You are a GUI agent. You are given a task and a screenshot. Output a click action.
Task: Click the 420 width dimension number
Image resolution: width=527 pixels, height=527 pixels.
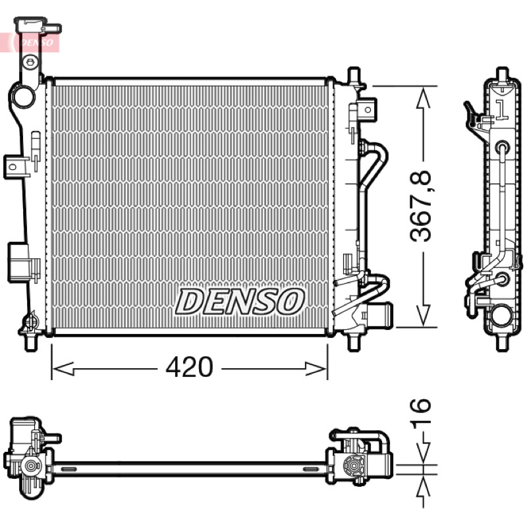click(189, 367)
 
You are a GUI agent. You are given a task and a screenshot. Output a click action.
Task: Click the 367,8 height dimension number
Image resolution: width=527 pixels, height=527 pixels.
click(421, 206)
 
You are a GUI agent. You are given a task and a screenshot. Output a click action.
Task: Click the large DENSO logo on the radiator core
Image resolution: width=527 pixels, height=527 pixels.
click(240, 302)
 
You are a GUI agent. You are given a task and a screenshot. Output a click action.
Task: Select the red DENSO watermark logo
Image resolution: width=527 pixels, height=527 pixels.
click(36, 42)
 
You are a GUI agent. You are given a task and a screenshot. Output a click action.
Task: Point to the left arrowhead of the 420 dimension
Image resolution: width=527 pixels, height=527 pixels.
click(63, 369)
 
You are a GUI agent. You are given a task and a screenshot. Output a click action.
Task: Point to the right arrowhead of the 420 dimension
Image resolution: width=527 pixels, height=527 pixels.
click(316, 369)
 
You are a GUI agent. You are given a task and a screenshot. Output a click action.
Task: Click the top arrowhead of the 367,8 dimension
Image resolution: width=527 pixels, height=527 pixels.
click(423, 97)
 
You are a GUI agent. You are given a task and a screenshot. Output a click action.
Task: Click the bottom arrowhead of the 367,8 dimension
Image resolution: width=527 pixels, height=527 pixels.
click(423, 315)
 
